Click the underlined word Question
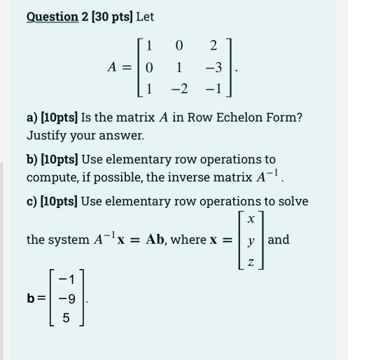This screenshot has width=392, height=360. [x=52, y=16]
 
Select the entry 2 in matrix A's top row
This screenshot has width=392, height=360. [x=213, y=46]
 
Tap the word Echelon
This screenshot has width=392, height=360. [x=236, y=118]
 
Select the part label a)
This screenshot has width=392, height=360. [x=33, y=118]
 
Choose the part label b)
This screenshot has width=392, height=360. [x=33, y=160]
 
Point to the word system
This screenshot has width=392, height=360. [x=69, y=240]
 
